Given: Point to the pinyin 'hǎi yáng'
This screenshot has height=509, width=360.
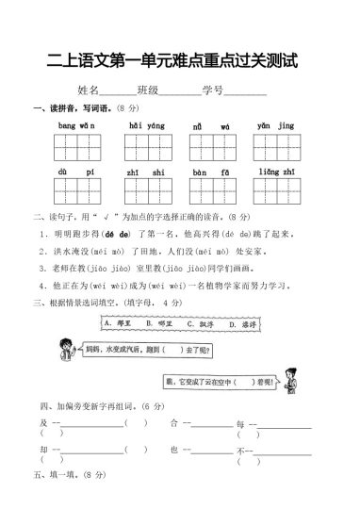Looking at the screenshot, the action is pos(146,125).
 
